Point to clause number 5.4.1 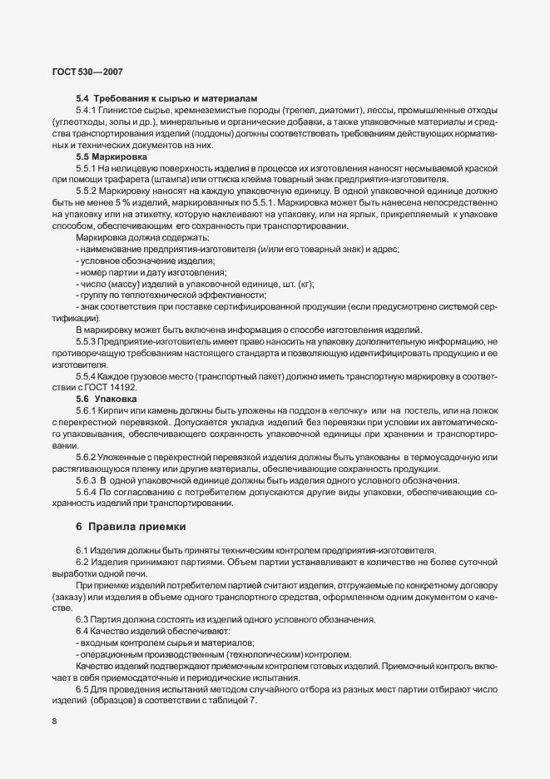pyautogui.click(x=87, y=111)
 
